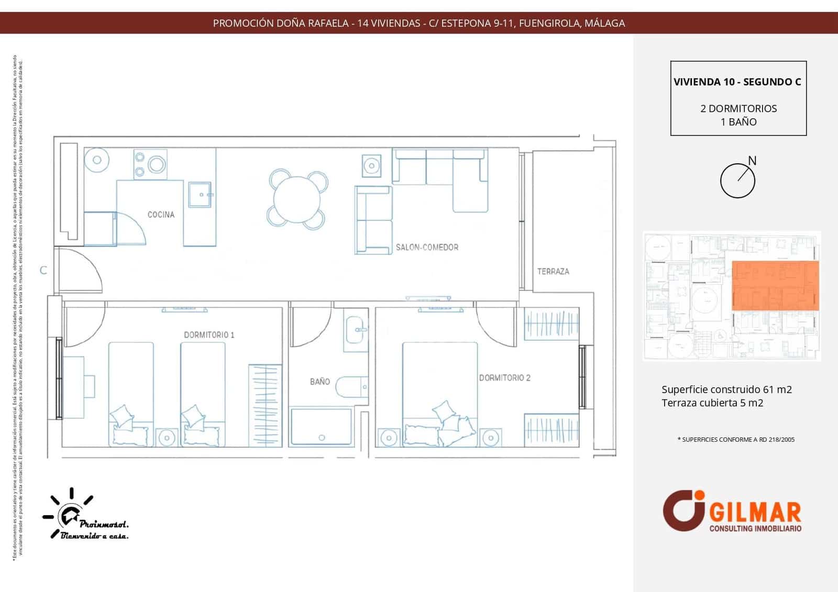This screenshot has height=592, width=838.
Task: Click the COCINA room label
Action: click(x=161, y=215)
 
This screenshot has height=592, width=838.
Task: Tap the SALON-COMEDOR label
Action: click(x=427, y=247)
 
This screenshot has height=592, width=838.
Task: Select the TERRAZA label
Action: click(x=553, y=271)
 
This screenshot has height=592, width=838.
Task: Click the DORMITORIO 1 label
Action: click(x=209, y=335)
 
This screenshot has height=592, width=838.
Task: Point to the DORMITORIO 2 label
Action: click(x=505, y=378)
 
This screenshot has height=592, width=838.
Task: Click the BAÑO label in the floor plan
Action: click(x=319, y=382)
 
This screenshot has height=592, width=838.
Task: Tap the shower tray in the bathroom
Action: click(x=322, y=427)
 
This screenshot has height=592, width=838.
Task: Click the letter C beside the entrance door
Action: click(x=43, y=271)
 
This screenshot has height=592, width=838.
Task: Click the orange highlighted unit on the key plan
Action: click(x=775, y=286)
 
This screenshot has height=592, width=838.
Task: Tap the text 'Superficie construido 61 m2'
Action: click(x=726, y=389)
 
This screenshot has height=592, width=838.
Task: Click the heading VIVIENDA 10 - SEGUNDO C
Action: click(x=737, y=82)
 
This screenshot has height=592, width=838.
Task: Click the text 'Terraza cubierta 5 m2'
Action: click(x=712, y=403)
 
